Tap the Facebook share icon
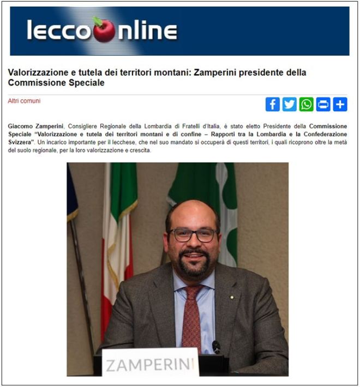(272, 104)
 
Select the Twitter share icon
(289, 104)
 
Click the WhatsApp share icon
(306, 104)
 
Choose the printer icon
(323, 104)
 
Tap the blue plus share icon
(340, 104)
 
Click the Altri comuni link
(24, 101)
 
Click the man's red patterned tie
(192, 316)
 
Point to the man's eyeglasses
(193, 235)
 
